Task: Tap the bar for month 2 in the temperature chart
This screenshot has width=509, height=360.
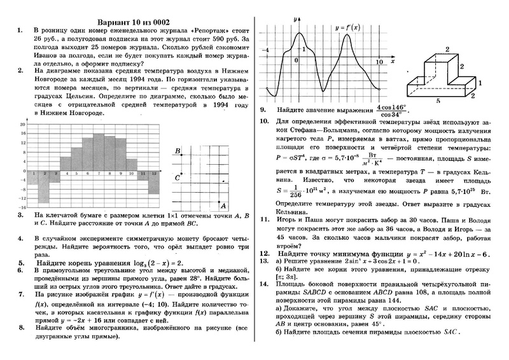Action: click(x=43, y=188)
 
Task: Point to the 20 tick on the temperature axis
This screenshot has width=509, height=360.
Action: click(x=23, y=123)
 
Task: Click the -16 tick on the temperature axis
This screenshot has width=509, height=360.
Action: click(x=22, y=207)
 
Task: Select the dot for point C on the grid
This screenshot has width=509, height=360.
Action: click(x=182, y=173)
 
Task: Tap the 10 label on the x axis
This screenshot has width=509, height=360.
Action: click(x=379, y=62)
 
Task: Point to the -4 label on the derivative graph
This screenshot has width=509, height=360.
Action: click(x=267, y=50)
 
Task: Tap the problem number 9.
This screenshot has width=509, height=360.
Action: click(x=263, y=109)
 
